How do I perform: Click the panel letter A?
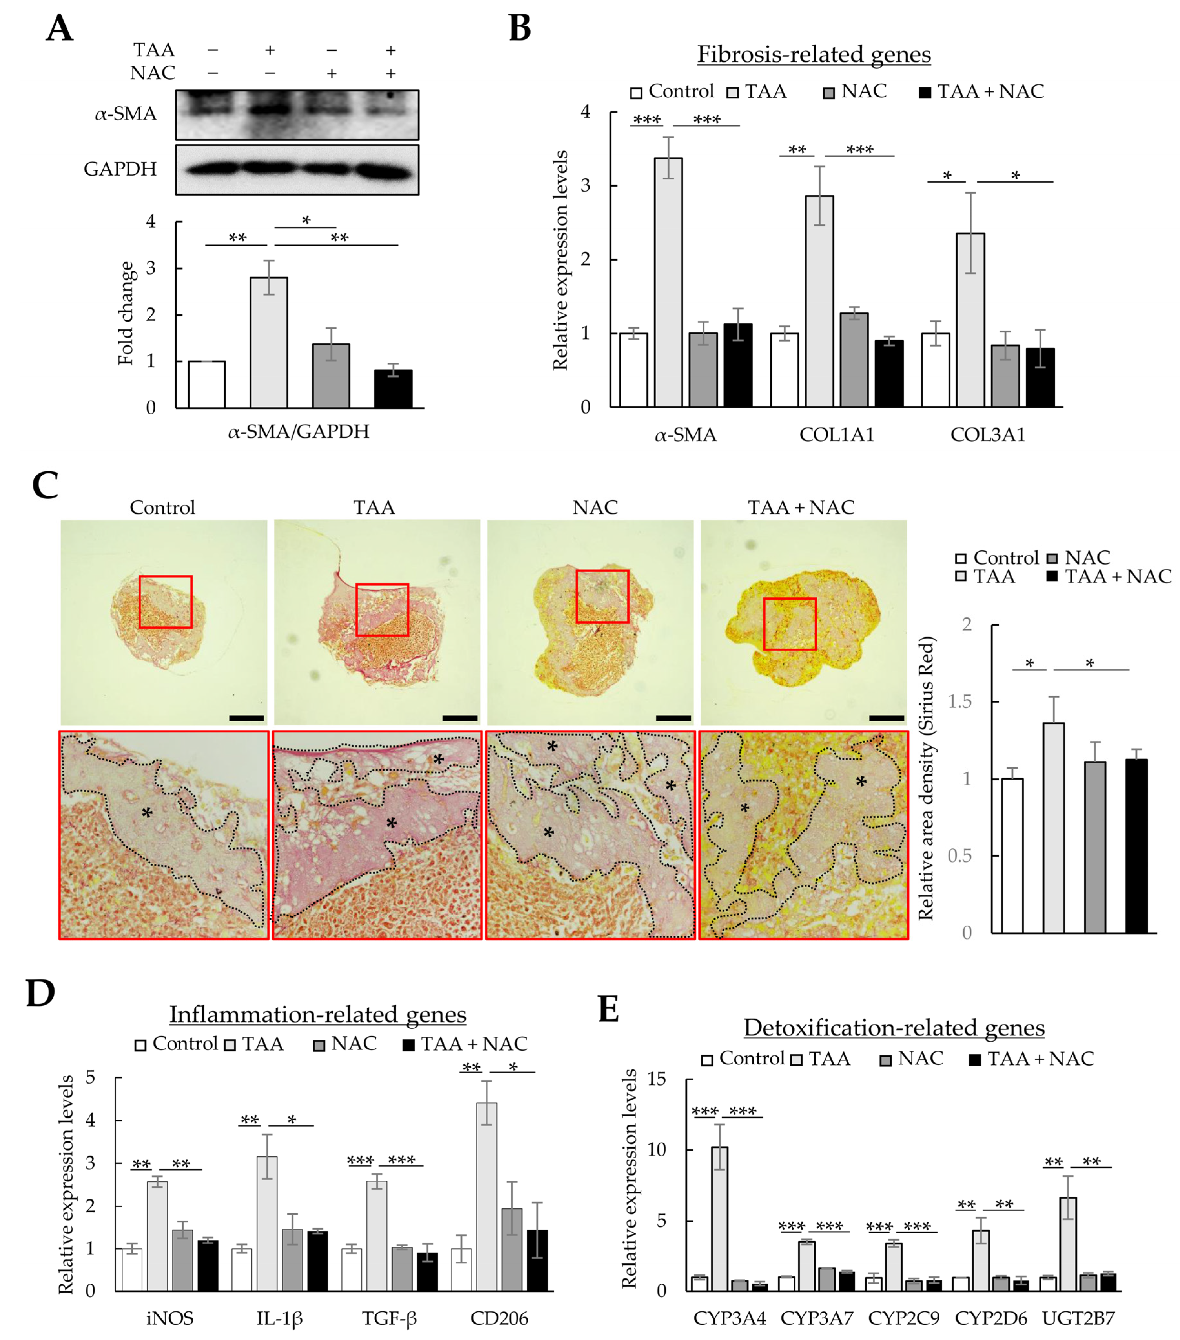click(x=59, y=29)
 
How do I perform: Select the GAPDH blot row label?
click(x=120, y=169)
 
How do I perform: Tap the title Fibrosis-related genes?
click(x=814, y=55)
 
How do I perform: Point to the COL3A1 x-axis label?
click(x=987, y=435)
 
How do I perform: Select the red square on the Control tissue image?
click(x=165, y=602)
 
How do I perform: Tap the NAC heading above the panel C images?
click(x=595, y=507)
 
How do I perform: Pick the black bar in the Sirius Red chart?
click(x=1136, y=846)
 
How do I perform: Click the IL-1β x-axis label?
click(x=279, y=1318)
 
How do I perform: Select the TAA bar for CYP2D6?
click(x=981, y=1260)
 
